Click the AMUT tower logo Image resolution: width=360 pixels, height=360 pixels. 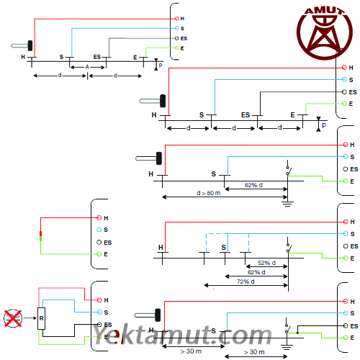pyautogui.click(x=325, y=33)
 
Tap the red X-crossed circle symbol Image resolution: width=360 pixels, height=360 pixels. pyautogui.click(x=13, y=318)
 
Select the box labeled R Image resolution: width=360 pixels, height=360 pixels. pyautogui.click(x=41, y=318)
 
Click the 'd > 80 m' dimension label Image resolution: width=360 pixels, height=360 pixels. pyautogui.click(x=208, y=193)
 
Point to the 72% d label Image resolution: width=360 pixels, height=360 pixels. pyautogui.click(x=246, y=282)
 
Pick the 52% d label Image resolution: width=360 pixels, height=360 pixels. pyautogui.click(x=266, y=263)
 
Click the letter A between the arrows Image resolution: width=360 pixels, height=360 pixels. pyautogui.click(x=87, y=67)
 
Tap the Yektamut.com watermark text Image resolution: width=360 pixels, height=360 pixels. pyautogui.click(x=182, y=334)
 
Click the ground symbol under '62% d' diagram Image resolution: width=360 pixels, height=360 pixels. pyautogui.click(x=287, y=204)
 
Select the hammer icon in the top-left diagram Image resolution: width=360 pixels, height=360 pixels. pyautogui.click(x=22, y=45)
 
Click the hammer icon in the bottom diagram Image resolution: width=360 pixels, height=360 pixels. pyautogui.click(x=148, y=315)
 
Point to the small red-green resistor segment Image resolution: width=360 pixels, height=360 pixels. pyautogui.click(x=40, y=236)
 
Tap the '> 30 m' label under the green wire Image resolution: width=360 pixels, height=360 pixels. pyautogui.click(x=254, y=352)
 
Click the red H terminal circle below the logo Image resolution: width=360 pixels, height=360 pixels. pyautogui.click(x=344, y=68)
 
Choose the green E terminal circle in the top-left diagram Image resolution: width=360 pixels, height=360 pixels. pyautogui.click(x=177, y=48)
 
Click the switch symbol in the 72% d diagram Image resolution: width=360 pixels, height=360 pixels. pyautogui.click(x=288, y=246)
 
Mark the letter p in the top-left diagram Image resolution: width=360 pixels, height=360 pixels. pyautogui.click(x=161, y=65)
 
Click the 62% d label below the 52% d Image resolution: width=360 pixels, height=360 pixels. pyautogui.click(x=256, y=272)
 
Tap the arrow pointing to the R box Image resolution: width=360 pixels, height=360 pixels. pyautogui.click(x=30, y=318)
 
